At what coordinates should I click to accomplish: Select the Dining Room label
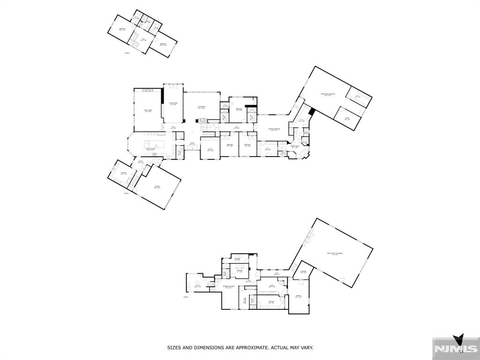(x=173, y=104)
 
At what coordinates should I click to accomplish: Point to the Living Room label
(x=202, y=107)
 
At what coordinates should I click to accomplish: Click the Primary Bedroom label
(x=274, y=129)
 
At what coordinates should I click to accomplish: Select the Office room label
(x=210, y=150)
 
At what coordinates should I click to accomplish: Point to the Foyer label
(x=192, y=143)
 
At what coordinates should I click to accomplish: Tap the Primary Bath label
(x=295, y=147)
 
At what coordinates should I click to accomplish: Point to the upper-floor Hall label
(x=144, y=39)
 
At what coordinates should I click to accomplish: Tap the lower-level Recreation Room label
(x=229, y=286)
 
